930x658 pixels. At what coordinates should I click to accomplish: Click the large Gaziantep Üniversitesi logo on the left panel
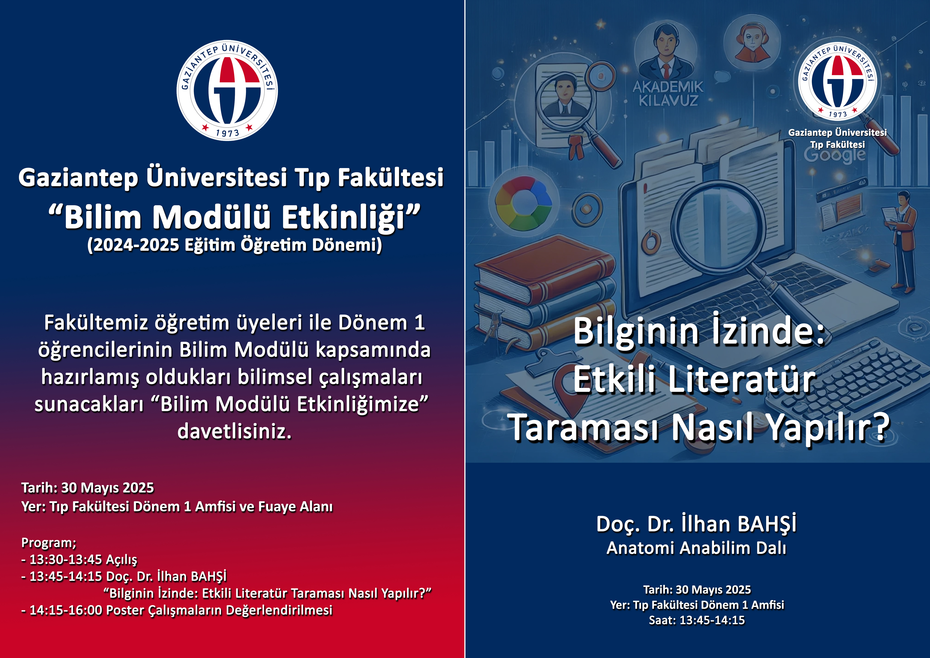(227, 90)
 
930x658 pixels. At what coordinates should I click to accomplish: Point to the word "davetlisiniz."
(235, 431)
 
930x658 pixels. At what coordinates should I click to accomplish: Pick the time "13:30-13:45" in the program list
(66, 560)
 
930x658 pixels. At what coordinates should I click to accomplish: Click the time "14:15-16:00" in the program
(66, 610)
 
